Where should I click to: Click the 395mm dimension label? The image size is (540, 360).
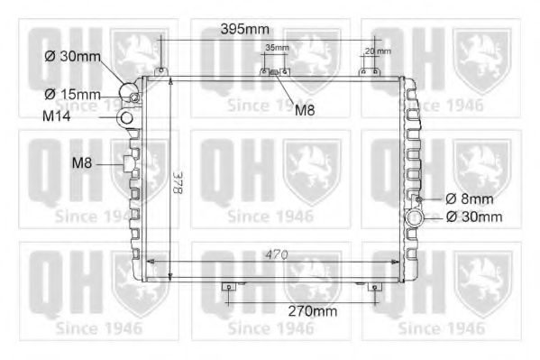click(245, 29)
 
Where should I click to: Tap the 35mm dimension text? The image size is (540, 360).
click(277, 48)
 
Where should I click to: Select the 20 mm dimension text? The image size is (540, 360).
click(378, 51)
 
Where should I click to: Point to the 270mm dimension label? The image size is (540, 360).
click(312, 311)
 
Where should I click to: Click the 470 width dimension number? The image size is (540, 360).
click(277, 254)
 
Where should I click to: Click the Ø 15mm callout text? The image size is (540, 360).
click(72, 94)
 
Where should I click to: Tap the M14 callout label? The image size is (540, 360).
click(57, 116)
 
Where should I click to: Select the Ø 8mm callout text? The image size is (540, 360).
click(469, 199)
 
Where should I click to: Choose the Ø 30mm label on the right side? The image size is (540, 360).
click(474, 217)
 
